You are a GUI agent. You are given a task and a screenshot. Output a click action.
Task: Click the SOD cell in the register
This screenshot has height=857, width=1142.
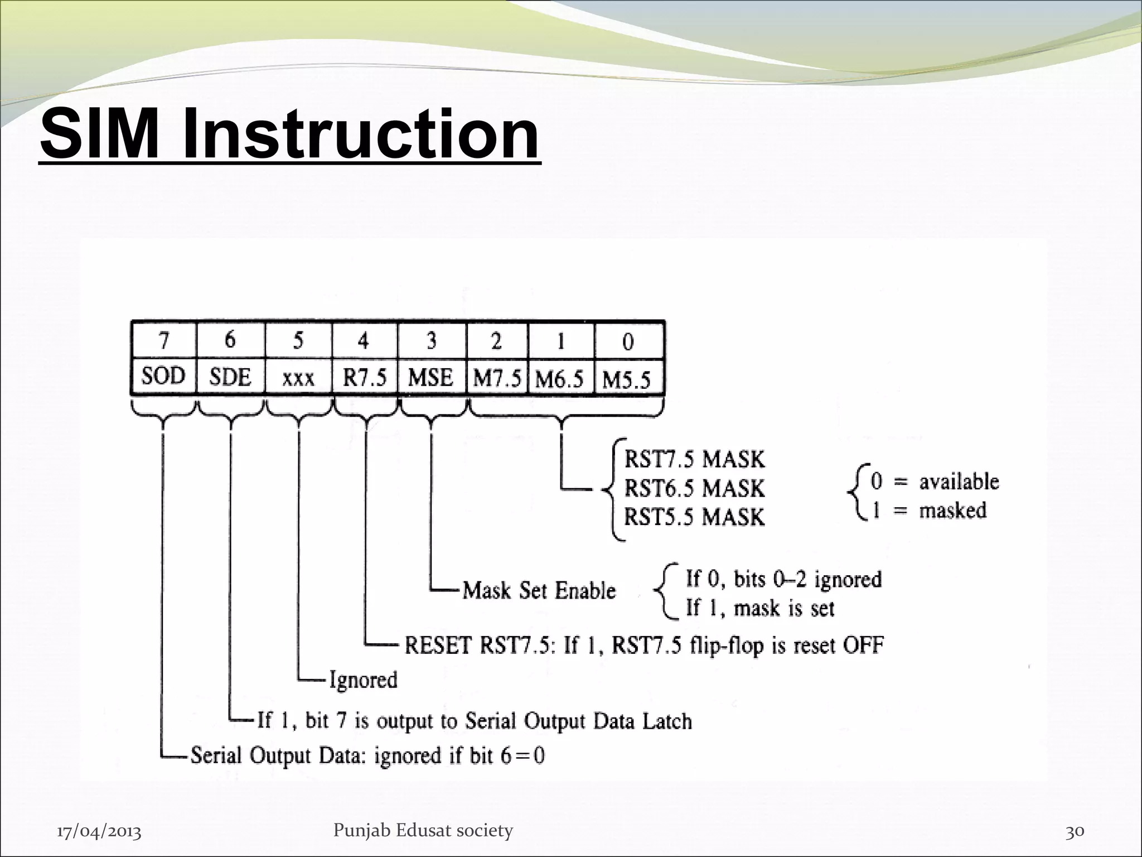click(x=163, y=377)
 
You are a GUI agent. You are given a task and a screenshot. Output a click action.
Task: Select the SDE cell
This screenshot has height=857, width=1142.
click(x=230, y=378)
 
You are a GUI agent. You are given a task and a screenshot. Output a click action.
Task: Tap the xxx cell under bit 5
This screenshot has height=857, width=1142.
click(x=298, y=379)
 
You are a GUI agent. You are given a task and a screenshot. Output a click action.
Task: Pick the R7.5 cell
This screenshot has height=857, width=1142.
click(x=365, y=378)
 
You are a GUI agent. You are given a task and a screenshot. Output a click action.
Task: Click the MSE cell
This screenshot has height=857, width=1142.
click(x=430, y=378)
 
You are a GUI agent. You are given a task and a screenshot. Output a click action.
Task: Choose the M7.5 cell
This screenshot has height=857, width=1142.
click(x=497, y=379)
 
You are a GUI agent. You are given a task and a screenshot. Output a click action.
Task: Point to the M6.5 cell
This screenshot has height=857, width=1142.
click(x=560, y=379)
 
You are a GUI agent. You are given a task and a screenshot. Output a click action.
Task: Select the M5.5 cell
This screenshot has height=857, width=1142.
click(x=627, y=380)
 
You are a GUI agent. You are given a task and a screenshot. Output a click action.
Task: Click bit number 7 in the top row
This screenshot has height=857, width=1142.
click(x=163, y=340)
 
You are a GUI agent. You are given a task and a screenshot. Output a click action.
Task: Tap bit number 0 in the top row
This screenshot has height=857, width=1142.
click(x=628, y=341)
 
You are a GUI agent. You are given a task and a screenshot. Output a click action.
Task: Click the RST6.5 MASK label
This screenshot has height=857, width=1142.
click(x=694, y=488)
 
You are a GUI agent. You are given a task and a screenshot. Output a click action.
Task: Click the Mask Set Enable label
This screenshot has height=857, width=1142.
click(x=539, y=590)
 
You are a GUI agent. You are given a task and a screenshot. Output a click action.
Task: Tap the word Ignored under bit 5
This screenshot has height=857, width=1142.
click(x=363, y=680)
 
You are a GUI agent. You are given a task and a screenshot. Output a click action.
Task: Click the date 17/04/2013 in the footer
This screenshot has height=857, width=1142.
click(x=99, y=832)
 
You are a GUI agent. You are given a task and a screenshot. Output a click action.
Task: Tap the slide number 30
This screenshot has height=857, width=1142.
click(x=1075, y=831)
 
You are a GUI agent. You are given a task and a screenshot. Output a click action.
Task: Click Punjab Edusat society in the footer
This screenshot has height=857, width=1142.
click(x=423, y=831)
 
